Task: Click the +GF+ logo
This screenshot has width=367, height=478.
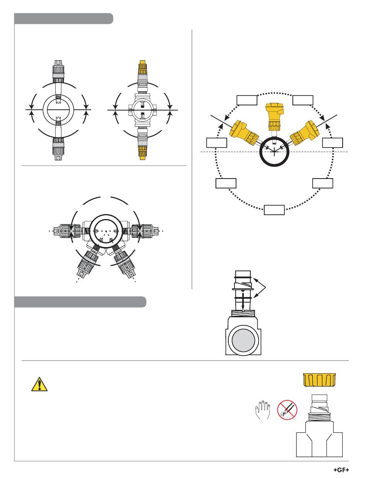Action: pyautogui.click(x=341, y=471)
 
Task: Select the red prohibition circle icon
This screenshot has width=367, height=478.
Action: pyautogui.click(x=287, y=410)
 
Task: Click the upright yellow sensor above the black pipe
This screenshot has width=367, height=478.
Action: pyautogui.click(x=274, y=117)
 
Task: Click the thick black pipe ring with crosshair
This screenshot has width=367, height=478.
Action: pyautogui.click(x=274, y=152)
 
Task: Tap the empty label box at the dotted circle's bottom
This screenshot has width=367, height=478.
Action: pyautogui.click(x=274, y=210)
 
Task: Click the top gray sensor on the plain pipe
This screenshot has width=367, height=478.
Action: pyautogui.click(x=58, y=71)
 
